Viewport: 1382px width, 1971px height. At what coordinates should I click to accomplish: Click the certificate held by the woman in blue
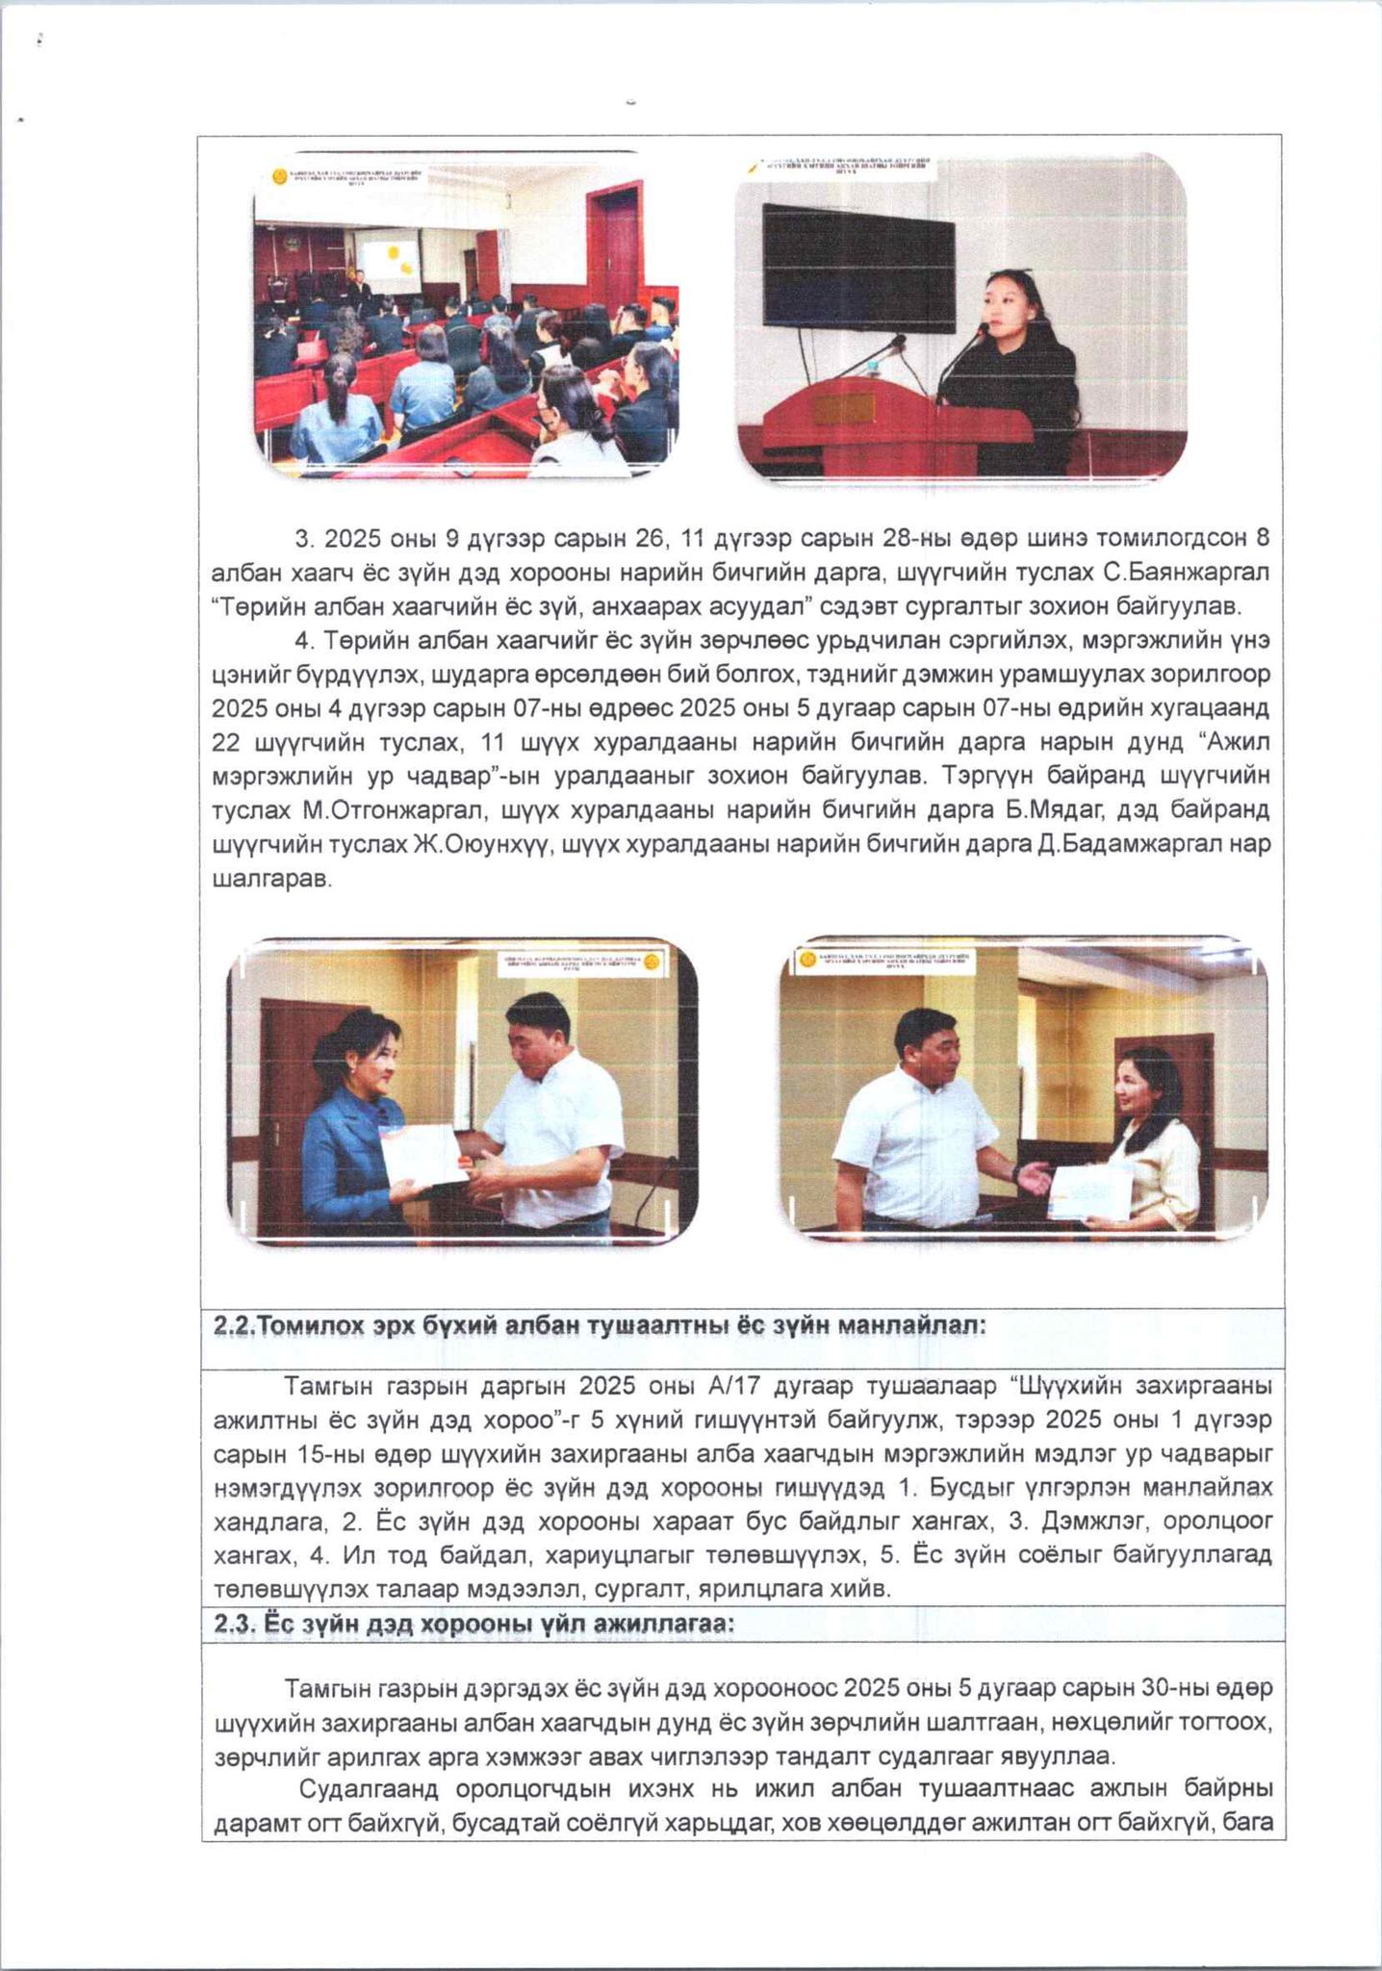coord(421,1158)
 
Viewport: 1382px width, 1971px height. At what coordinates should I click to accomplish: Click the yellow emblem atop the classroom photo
coord(279,177)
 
